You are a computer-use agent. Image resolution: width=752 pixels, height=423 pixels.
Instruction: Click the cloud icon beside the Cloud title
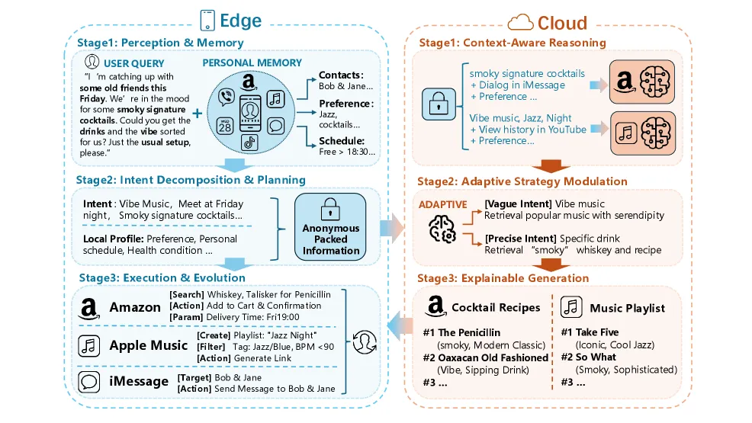tap(520, 21)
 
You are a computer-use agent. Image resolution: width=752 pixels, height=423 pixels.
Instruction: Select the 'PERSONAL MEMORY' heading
tap(252, 62)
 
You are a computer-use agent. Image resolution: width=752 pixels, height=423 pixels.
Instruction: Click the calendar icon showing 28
tap(225, 125)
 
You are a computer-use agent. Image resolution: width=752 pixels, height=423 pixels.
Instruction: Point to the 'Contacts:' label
tap(341, 75)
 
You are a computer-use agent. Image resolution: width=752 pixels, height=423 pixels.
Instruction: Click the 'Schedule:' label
tap(342, 141)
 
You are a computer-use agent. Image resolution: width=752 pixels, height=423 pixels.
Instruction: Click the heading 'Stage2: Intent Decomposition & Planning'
tap(190, 181)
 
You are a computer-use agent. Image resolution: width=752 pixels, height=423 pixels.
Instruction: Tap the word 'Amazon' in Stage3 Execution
tap(135, 307)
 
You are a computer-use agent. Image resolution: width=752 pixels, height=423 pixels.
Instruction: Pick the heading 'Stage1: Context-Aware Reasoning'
tap(512, 43)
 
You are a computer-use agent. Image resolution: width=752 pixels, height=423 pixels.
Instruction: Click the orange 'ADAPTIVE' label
tap(443, 205)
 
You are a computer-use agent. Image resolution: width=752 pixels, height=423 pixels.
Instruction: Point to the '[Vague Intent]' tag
tap(516, 204)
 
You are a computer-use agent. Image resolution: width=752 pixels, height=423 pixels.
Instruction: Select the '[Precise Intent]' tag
tap(518, 239)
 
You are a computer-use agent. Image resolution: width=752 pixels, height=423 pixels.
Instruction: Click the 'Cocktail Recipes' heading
tap(496, 308)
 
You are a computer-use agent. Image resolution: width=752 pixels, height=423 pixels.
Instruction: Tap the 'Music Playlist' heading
tap(627, 309)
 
